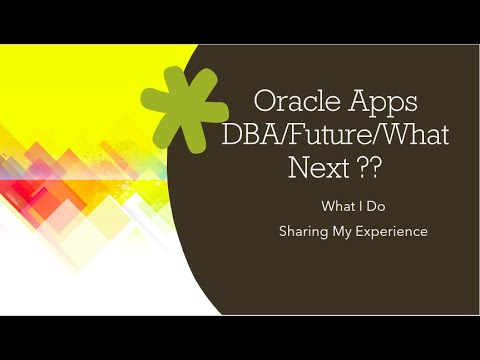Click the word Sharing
[305, 231]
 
